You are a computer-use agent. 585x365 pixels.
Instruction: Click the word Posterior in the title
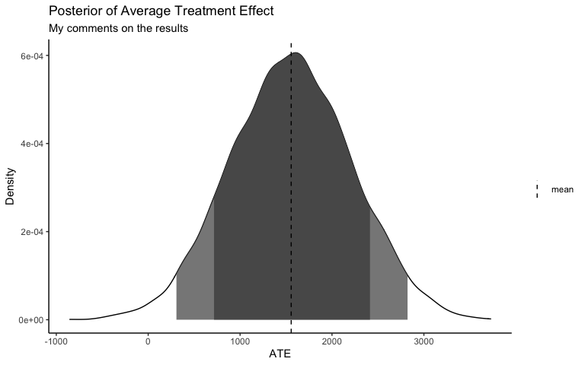tap(75, 12)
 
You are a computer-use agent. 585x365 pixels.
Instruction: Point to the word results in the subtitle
tap(170, 29)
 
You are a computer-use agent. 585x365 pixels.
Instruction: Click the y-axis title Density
tap(11, 188)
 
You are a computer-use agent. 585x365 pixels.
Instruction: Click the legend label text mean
tap(562, 189)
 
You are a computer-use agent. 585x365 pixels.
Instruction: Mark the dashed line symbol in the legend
tap(538, 189)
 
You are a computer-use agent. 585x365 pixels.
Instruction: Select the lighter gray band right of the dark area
tap(388, 281)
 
